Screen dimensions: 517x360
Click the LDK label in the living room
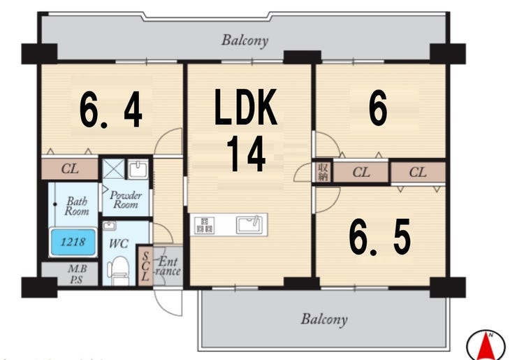[246, 106]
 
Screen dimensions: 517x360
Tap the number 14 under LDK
[247, 154]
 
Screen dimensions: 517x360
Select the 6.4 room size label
[111, 110]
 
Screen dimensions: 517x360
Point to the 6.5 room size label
[380, 237]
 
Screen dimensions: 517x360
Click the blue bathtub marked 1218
[73, 242]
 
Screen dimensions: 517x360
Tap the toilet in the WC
[117, 270]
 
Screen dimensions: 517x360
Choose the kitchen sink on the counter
[249, 224]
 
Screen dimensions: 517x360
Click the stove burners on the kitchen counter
[205, 225]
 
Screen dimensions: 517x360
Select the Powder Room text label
[126, 200]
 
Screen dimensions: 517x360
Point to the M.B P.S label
[77, 274]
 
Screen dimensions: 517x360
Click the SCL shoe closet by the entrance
[145, 266]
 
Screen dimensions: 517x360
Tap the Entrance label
[168, 266]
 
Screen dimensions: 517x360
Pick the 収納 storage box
[323, 171]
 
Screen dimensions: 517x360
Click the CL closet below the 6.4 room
[70, 169]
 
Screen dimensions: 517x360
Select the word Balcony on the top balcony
[245, 41]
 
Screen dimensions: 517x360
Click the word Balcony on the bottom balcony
[324, 319]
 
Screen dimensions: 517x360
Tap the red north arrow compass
[486, 345]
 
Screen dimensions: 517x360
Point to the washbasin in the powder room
[138, 169]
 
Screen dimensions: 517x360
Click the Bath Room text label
[77, 206]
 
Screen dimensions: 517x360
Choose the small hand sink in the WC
[109, 226]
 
